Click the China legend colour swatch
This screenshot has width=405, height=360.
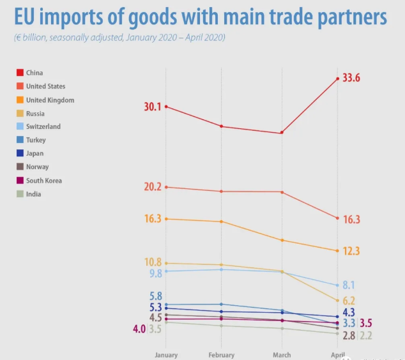(x=20, y=73)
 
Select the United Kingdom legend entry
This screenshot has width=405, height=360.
(x=50, y=100)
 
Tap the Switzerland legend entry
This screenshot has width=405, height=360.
(x=43, y=127)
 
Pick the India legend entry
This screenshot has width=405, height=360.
(x=33, y=194)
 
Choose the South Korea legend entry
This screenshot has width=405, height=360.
(x=44, y=181)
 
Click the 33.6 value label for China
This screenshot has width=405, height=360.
(x=352, y=78)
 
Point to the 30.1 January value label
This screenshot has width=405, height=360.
(x=153, y=107)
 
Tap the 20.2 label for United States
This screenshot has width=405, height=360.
(x=153, y=187)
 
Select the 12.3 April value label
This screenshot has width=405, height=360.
(x=351, y=251)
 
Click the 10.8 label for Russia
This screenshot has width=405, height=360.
(x=153, y=262)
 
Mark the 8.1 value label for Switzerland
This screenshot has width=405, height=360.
(x=349, y=285)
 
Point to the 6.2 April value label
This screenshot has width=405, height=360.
(x=349, y=301)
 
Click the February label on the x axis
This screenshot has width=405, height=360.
(x=221, y=355)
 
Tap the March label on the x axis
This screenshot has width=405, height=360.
(x=281, y=355)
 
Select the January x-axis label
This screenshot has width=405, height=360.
(x=166, y=355)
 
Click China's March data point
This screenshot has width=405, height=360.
(x=281, y=133)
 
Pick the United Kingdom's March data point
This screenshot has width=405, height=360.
(x=281, y=240)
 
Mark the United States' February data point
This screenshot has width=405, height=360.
(x=221, y=191)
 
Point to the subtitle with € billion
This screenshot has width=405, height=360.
(x=119, y=37)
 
